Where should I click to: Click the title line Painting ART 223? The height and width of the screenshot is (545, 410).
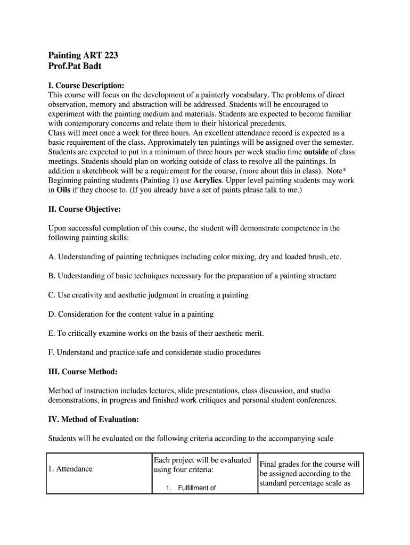83,55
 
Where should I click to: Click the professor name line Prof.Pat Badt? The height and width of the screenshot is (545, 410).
75,67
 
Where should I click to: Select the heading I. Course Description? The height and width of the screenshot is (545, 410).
86,85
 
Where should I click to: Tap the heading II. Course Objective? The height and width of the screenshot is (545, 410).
84,209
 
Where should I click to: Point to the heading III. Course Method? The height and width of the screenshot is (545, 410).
83,370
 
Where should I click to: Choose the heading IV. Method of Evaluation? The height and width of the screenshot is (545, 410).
93,419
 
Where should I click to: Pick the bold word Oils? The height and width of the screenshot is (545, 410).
63,190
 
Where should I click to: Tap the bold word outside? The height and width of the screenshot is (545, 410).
316,152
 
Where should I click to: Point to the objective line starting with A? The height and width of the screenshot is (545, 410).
194,257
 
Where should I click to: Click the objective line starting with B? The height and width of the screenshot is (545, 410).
192,276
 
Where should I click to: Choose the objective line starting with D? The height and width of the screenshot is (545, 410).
130,314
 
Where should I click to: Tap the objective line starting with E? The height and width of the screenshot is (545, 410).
155,333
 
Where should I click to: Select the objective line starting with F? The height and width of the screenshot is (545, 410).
154,352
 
